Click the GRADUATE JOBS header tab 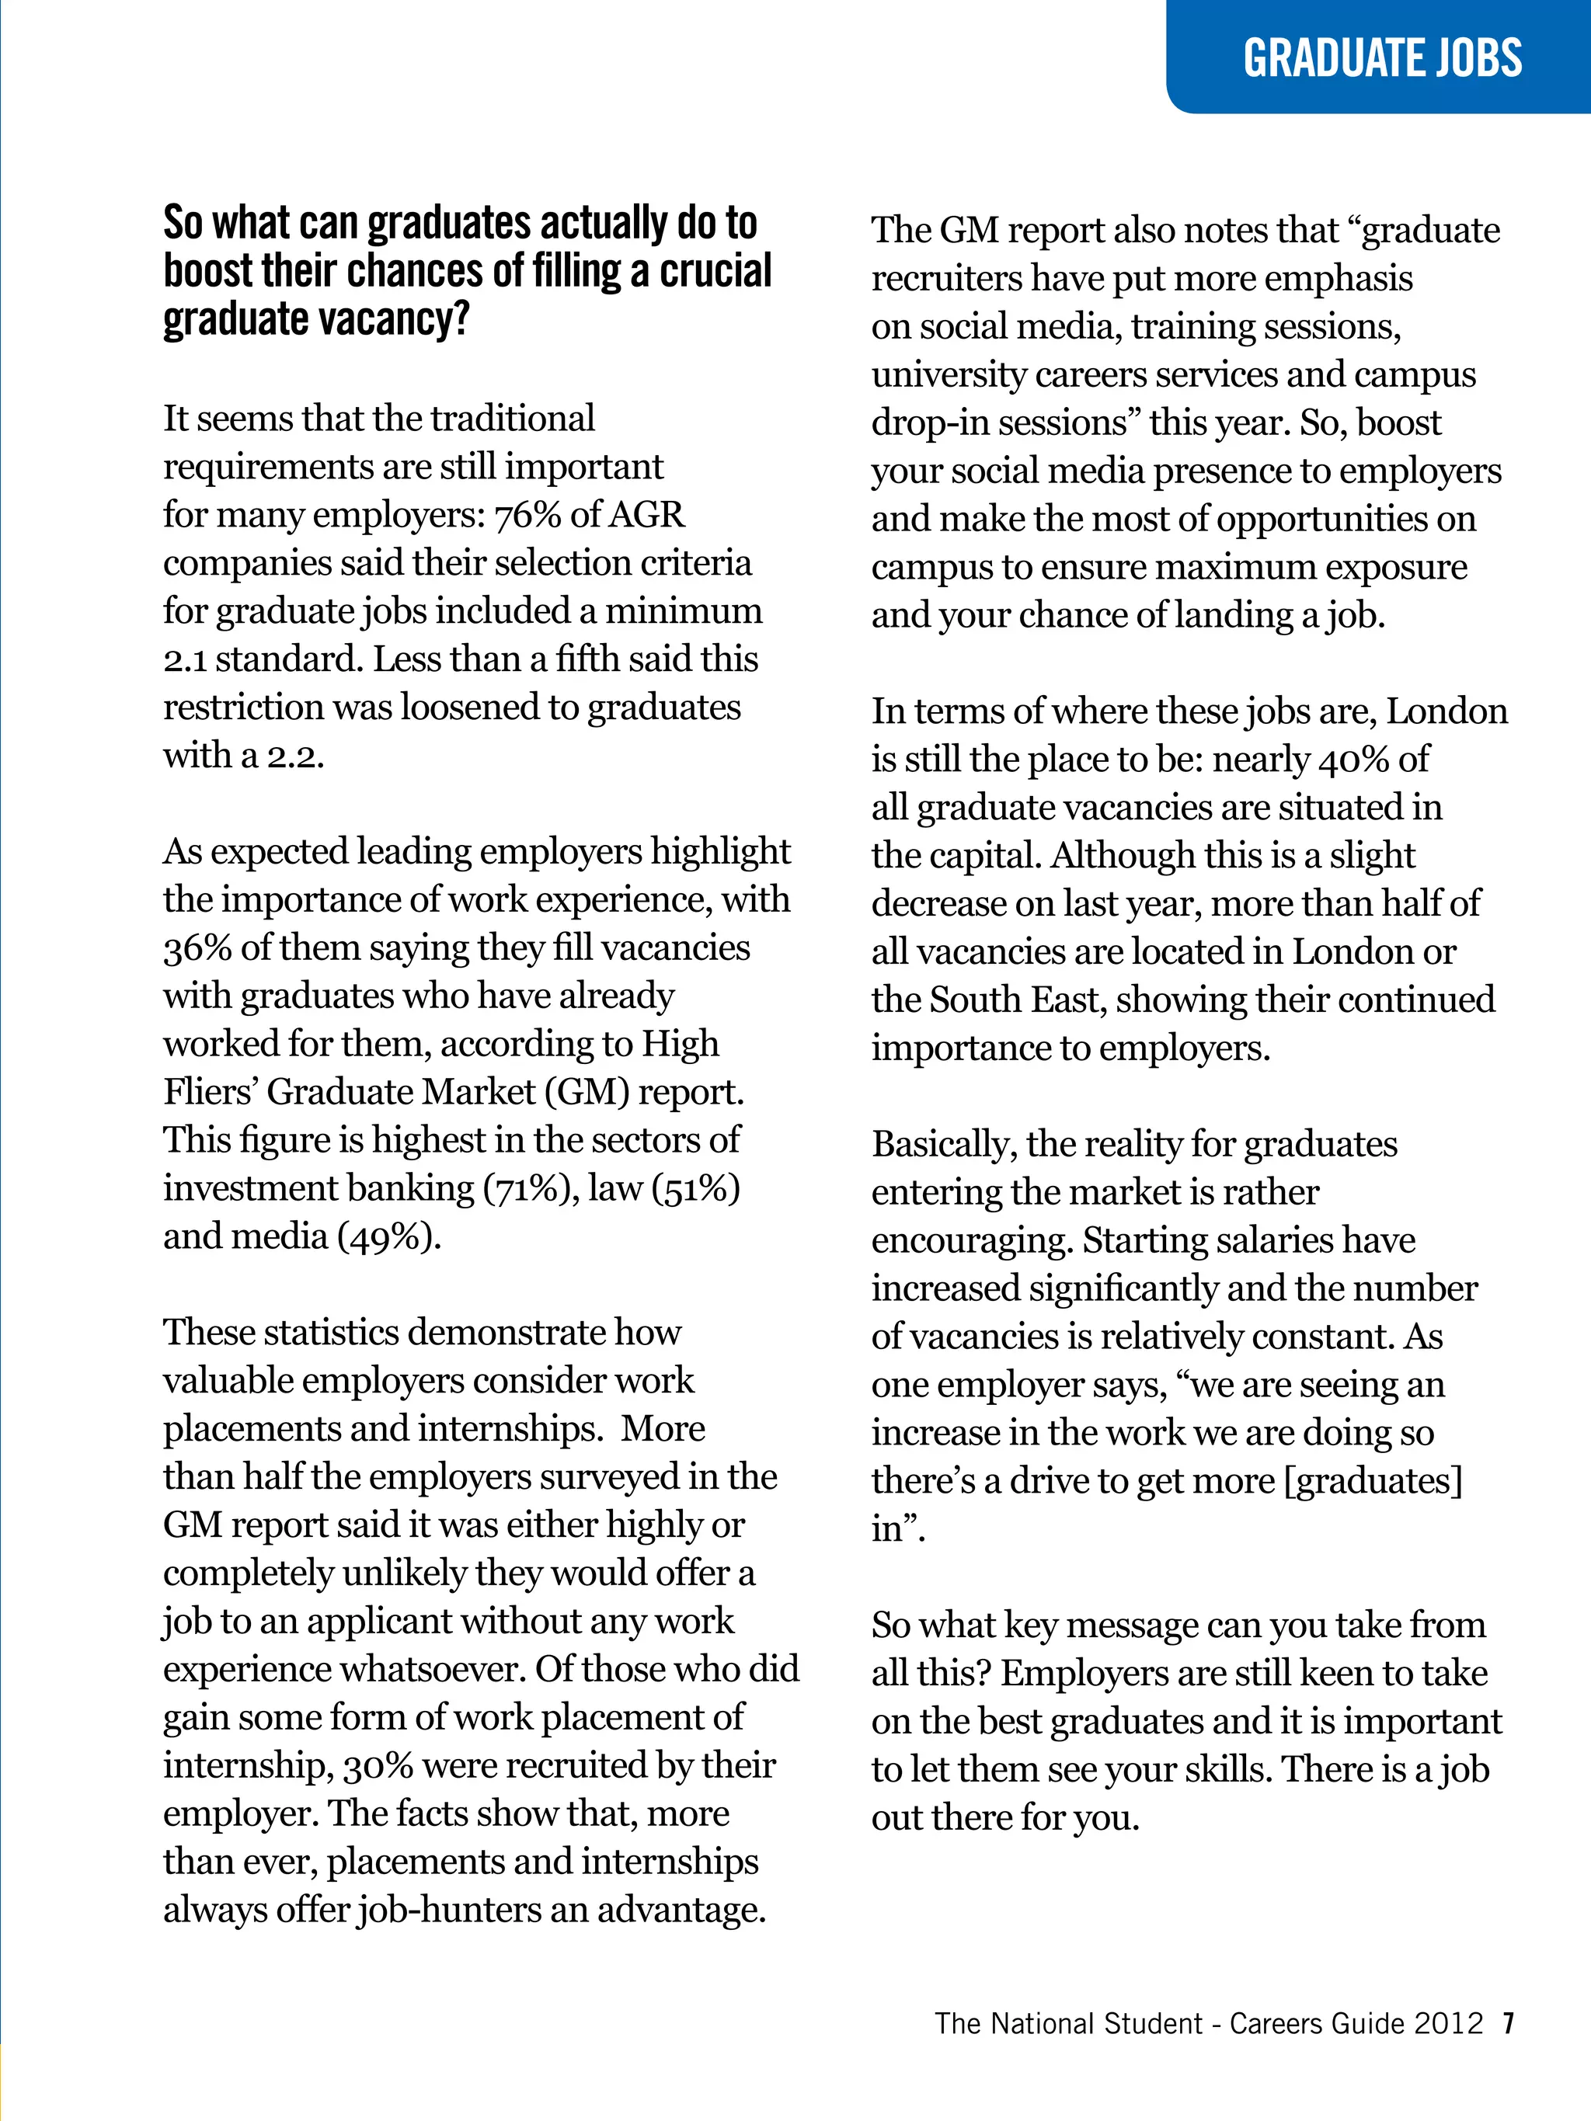pos(1381,57)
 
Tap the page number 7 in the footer pos(1509,2023)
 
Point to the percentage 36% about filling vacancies pos(197,948)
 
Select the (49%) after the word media pos(388,1237)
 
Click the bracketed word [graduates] pos(1373,1482)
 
